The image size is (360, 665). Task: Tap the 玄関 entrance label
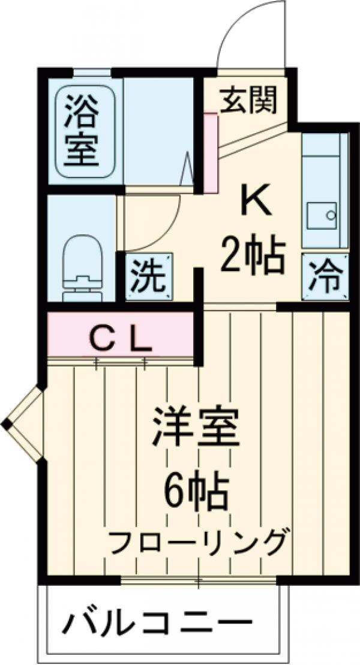(248, 100)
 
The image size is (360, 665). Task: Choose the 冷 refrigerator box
(325, 276)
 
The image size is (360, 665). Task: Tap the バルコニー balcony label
(157, 625)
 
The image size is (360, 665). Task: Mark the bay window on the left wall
(23, 424)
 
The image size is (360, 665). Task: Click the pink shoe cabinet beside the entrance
(211, 153)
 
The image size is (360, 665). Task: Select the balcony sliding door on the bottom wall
(199, 580)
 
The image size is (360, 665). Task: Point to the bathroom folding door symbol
(187, 169)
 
